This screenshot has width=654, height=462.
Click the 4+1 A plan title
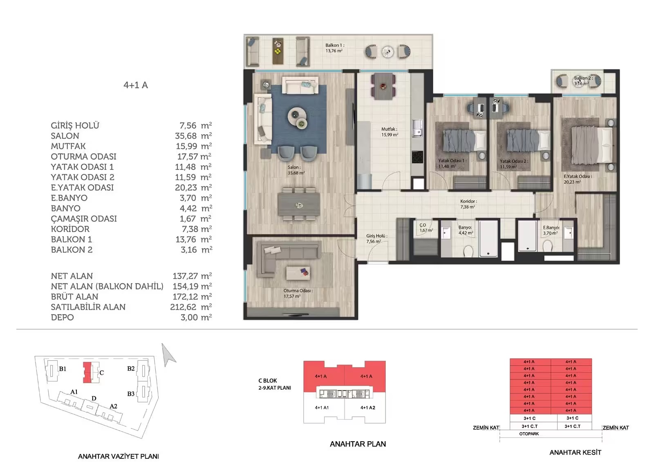(136, 85)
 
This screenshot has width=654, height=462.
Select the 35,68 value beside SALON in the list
(186, 136)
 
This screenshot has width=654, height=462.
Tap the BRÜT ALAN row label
(74, 297)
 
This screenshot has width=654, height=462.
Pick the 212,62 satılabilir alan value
(183, 307)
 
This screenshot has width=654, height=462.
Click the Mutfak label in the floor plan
(389, 129)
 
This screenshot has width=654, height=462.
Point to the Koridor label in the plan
(468, 201)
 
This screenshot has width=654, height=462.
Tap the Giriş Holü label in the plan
(377, 236)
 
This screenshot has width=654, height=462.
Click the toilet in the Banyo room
(468, 251)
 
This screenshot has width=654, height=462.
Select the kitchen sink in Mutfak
(417, 129)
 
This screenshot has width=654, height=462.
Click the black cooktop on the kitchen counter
(417, 157)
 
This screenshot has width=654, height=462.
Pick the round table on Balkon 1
(387, 52)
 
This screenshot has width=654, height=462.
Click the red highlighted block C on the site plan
(87, 373)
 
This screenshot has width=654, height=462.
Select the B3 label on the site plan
(131, 394)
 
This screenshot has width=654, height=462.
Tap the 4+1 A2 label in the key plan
(367, 408)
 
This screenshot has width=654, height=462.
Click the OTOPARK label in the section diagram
(529, 434)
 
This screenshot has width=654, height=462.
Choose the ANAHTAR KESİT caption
(575, 452)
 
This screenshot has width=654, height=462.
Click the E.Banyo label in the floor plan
(551, 228)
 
